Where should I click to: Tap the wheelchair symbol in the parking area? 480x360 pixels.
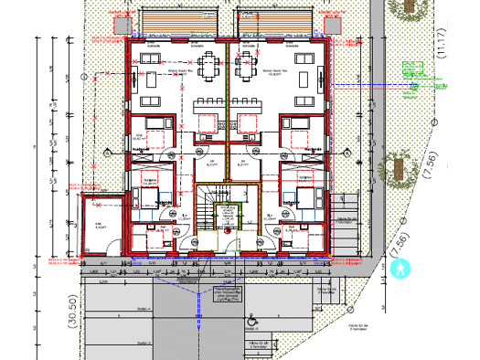point(252,321)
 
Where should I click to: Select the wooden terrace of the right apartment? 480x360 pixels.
point(274,20)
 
